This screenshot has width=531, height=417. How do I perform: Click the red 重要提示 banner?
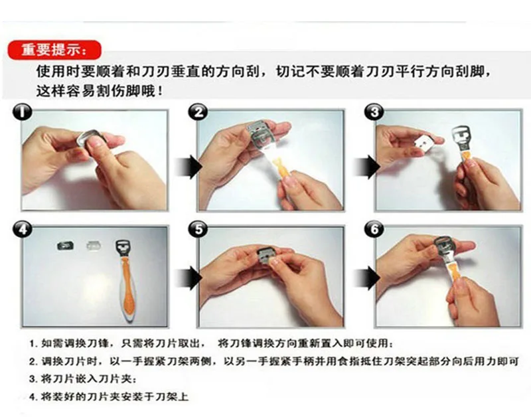tap(54, 50)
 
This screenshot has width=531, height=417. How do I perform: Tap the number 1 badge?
tap(23, 112)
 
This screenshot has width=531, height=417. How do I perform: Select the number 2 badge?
tap(198, 112)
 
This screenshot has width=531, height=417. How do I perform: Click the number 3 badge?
tap(374, 112)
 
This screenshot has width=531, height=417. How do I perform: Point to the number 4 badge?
tap(23, 230)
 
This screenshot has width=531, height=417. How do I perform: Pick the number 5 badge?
tap(198, 230)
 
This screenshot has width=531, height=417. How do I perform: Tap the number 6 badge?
tap(374, 230)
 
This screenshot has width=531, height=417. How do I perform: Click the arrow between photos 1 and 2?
tap(189, 167)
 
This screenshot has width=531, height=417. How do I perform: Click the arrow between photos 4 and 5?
tap(189, 278)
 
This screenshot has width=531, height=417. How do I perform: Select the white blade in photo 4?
tap(94, 245)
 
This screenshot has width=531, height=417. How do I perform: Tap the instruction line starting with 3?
tap(84, 378)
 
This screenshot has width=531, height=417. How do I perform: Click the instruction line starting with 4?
tap(109, 396)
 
